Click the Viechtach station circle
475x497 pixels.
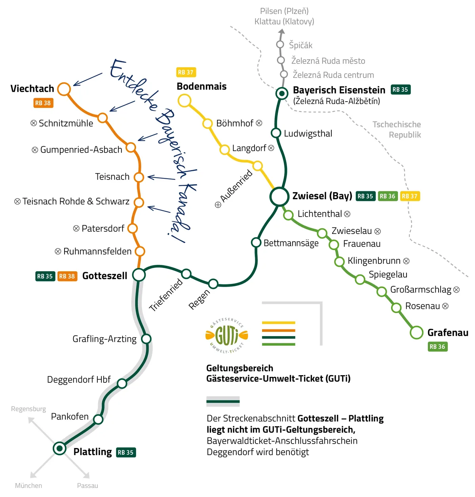[x=64, y=89]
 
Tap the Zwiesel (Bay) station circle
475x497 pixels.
[x=279, y=196]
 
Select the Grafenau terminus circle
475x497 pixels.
[x=416, y=333]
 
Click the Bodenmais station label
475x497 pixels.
[x=201, y=86]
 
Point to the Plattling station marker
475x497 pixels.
[x=60, y=448]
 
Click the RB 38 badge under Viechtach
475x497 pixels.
[x=43, y=103]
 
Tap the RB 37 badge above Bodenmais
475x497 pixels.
[x=186, y=72]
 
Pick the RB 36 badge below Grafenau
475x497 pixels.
[x=437, y=347]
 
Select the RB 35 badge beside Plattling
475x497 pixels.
[x=126, y=452]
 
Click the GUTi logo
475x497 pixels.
[x=227, y=336]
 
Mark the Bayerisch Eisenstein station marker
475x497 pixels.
[x=282, y=93]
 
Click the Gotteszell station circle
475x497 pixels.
[x=139, y=274]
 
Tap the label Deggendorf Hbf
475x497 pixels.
[x=79, y=380]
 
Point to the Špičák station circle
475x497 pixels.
[x=280, y=44]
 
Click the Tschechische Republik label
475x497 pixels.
[x=397, y=130]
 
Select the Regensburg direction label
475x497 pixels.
[x=28, y=409]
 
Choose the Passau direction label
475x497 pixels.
[x=87, y=486]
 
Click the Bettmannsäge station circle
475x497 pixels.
[x=256, y=242]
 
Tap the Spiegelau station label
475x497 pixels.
[x=388, y=274]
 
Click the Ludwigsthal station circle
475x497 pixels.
[x=276, y=133]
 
